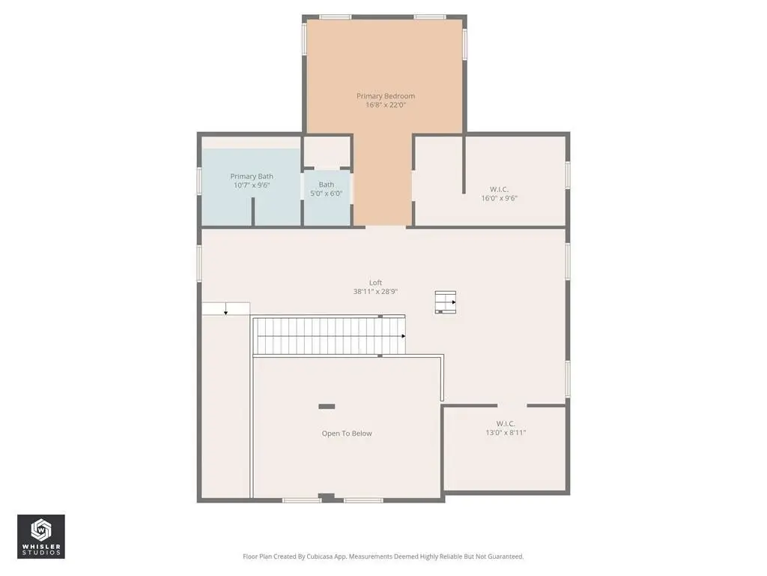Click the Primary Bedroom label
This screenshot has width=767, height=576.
(x=386, y=96)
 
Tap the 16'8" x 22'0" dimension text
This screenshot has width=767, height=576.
(x=386, y=105)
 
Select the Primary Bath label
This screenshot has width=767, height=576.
(x=252, y=176)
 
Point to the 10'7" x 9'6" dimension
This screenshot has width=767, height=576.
(x=252, y=185)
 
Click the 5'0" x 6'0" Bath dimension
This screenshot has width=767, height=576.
(x=327, y=193)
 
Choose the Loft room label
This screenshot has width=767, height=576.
(x=376, y=283)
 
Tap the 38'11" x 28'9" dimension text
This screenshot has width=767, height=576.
(x=376, y=292)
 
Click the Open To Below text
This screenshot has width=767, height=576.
(x=347, y=433)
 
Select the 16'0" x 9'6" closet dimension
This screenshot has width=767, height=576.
(x=500, y=198)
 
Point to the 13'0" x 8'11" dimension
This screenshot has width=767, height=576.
(x=506, y=433)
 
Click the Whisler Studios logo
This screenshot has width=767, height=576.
(x=41, y=536)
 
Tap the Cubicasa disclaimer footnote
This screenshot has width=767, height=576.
(x=383, y=556)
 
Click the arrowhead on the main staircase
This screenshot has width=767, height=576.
(x=404, y=336)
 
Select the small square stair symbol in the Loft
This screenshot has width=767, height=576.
(x=446, y=302)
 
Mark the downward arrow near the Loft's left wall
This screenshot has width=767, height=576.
(x=225, y=309)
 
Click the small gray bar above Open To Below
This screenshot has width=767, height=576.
(x=327, y=406)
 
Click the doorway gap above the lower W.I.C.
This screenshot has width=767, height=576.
(x=512, y=406)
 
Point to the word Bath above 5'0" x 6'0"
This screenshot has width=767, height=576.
(x=327, y=184)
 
